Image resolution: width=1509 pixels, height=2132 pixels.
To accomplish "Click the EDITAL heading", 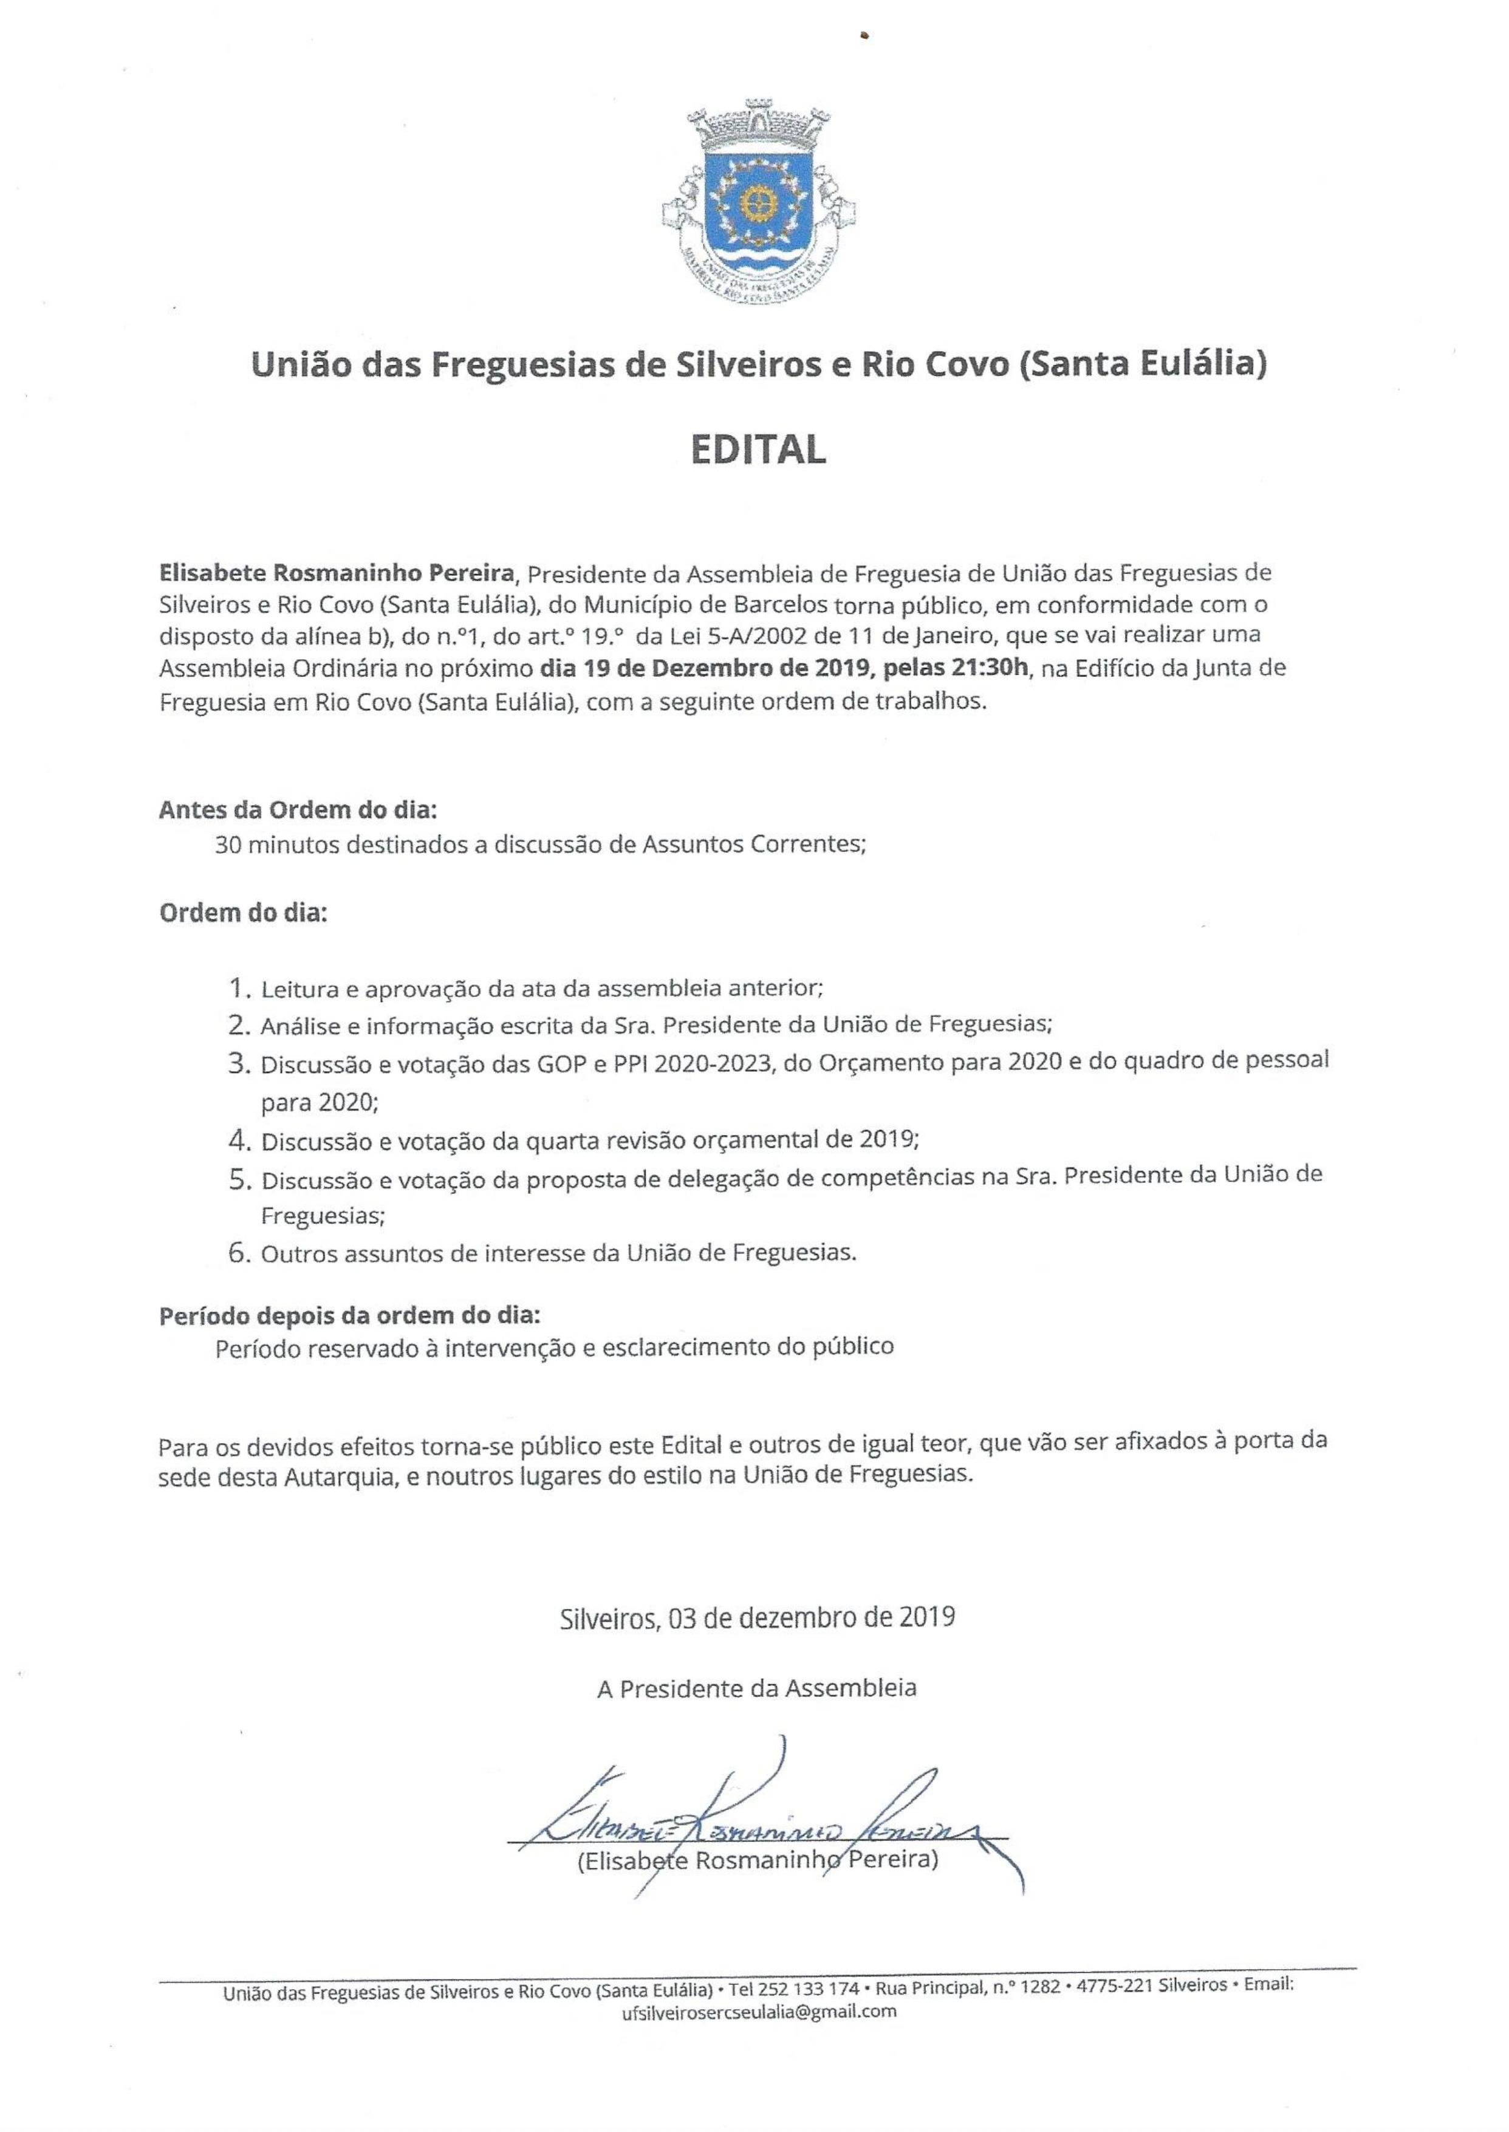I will coord(758,450).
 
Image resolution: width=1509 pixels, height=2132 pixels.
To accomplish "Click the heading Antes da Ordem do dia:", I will coord(297,809).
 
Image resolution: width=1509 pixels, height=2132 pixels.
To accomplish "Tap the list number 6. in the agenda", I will coord(241,1253).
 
